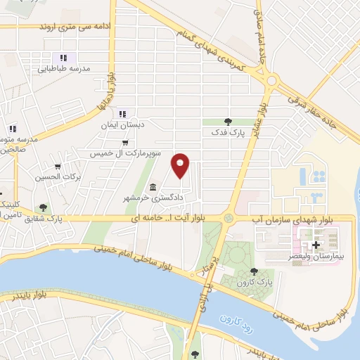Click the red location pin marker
pos(181,165)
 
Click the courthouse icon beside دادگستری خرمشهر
pos(153,188)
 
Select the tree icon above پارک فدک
pos(226,121)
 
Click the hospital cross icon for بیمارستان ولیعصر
pos(316,245)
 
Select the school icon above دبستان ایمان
pos(122,114)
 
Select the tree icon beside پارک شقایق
pos(44,207)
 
